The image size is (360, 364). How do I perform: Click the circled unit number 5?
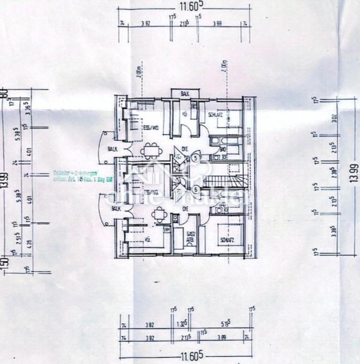(196, 158)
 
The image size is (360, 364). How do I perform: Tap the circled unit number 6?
(196, 188)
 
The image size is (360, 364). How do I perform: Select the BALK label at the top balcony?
(185, 94)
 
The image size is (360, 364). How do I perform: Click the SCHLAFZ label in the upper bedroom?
(214, 115)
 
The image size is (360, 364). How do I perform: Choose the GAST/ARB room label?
(189, 236)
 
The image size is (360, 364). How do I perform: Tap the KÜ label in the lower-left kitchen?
(148, 240)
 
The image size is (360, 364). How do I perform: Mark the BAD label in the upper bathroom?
(223, 149)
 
